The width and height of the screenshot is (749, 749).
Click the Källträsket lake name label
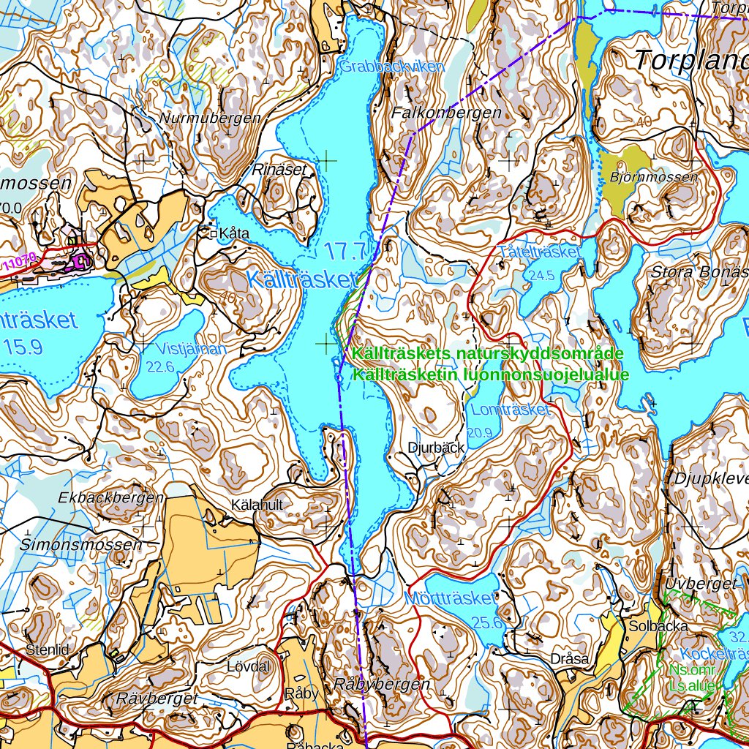pyautogui.click(x=301, y=279)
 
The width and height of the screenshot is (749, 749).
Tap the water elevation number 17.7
pyautogui.click(x=345, y=252)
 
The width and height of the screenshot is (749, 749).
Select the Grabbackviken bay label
pyautogui.click(x=391, y=67)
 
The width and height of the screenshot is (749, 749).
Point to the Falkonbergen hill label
pyautogui.click(x=446, y=113)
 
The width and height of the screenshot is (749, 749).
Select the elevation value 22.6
pyautogui.click(x=160, y=366)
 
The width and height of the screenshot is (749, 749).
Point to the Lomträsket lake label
pyautogui.click(x=510, y=410)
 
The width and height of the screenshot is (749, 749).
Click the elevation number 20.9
pyautogui.click(x=479, y=432)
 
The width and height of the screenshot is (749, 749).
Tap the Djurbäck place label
pyautogui.click(x=437, y=448)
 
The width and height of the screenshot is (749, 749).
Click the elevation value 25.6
pyautogui.click(x=487, y=622)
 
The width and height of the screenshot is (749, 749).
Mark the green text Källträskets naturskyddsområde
pyautogui.click(x=487, y=354)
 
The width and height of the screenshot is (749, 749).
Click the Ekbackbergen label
pyautogui.click(x=111, y=498)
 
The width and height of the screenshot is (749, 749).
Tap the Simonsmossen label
pyautogui.click(x=81, y=545)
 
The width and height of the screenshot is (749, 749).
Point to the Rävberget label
pyautogui.click(x=157, y=699)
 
